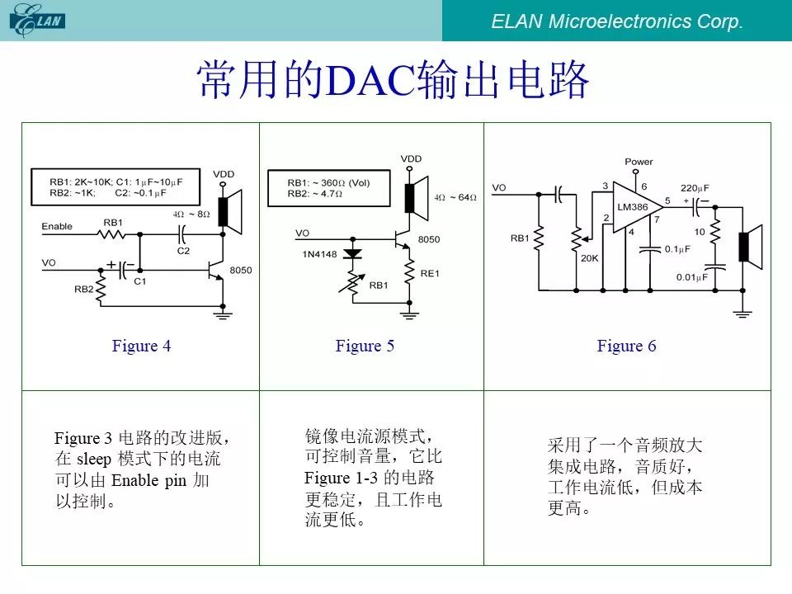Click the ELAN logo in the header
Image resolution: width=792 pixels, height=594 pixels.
[x=37, y=20]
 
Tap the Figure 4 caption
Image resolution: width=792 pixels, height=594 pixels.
[x=141, y=346]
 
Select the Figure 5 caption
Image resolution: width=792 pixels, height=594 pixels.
[x=365, y=346]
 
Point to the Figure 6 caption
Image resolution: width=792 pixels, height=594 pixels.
[x=626, y=346]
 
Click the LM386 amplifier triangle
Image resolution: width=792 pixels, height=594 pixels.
[x=636, y=209]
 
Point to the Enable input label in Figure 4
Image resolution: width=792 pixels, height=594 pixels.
[x=57, y=226]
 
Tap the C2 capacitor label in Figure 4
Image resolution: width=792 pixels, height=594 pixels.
[x=183, y=251]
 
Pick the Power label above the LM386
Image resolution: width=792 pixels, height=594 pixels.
[x=639, y=163]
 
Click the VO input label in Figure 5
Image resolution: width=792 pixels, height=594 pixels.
[x=302, y=233]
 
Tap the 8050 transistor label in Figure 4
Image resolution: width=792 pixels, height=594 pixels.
[x=241, y=270]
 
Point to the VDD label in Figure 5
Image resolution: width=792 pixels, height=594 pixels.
[x=410, y=158]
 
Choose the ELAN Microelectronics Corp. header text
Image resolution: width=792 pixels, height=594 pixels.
[x=617, y=21]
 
